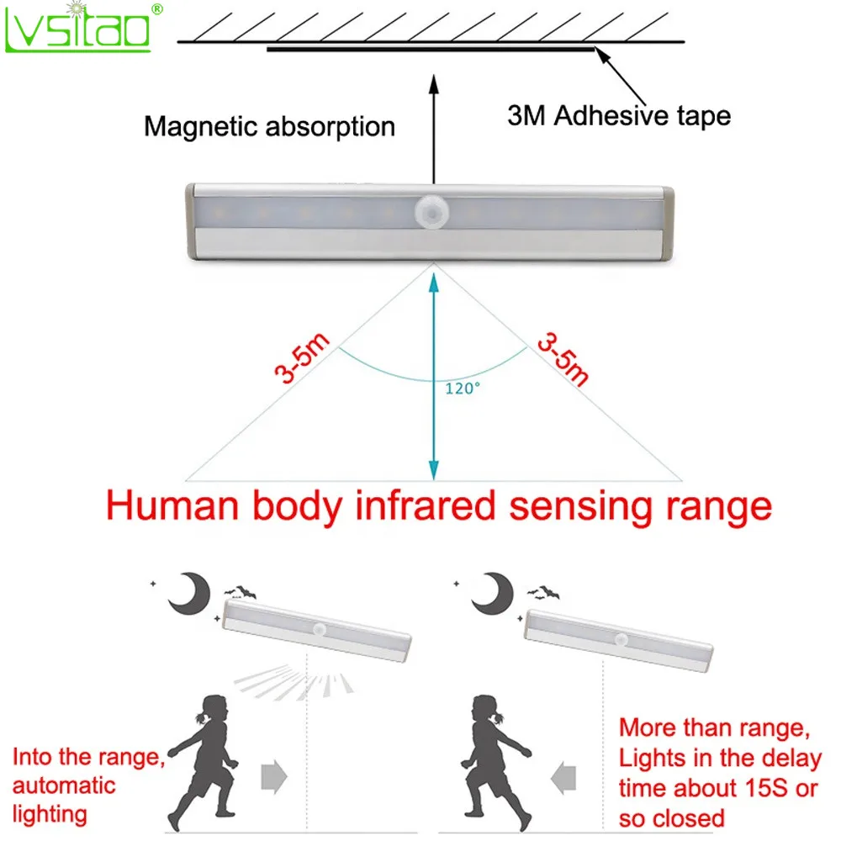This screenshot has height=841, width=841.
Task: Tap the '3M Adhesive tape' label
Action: pyautogui.click(x=619, y=115)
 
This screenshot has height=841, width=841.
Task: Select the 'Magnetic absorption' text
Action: pyautogui.click(x=269, y=127)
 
